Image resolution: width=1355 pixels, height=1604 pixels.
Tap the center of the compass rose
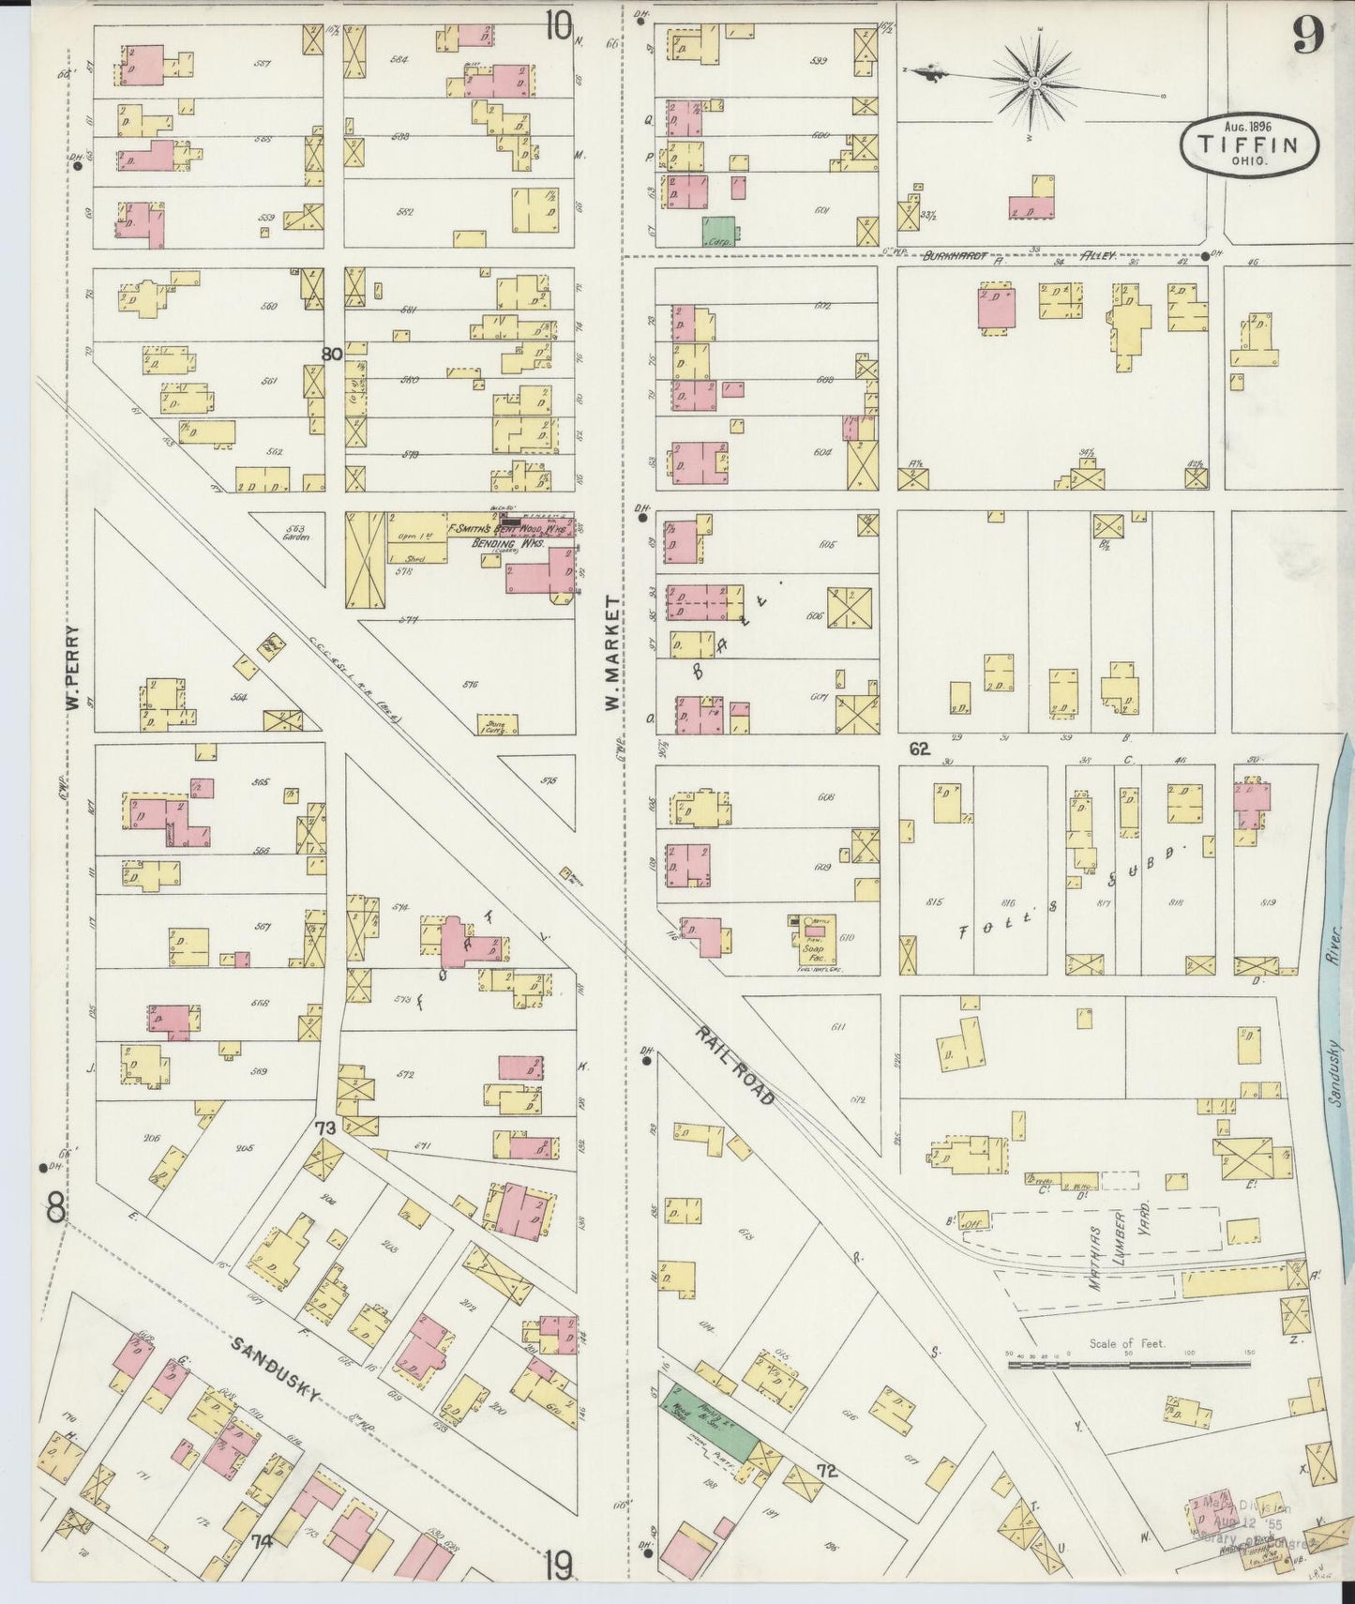point(1034,83)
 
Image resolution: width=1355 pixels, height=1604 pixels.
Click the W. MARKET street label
point(614,652)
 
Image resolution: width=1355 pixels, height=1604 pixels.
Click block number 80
point(330,355)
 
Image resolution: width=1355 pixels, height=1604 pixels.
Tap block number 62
point(918,749)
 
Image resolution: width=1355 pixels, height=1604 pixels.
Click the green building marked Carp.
point(719,231)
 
